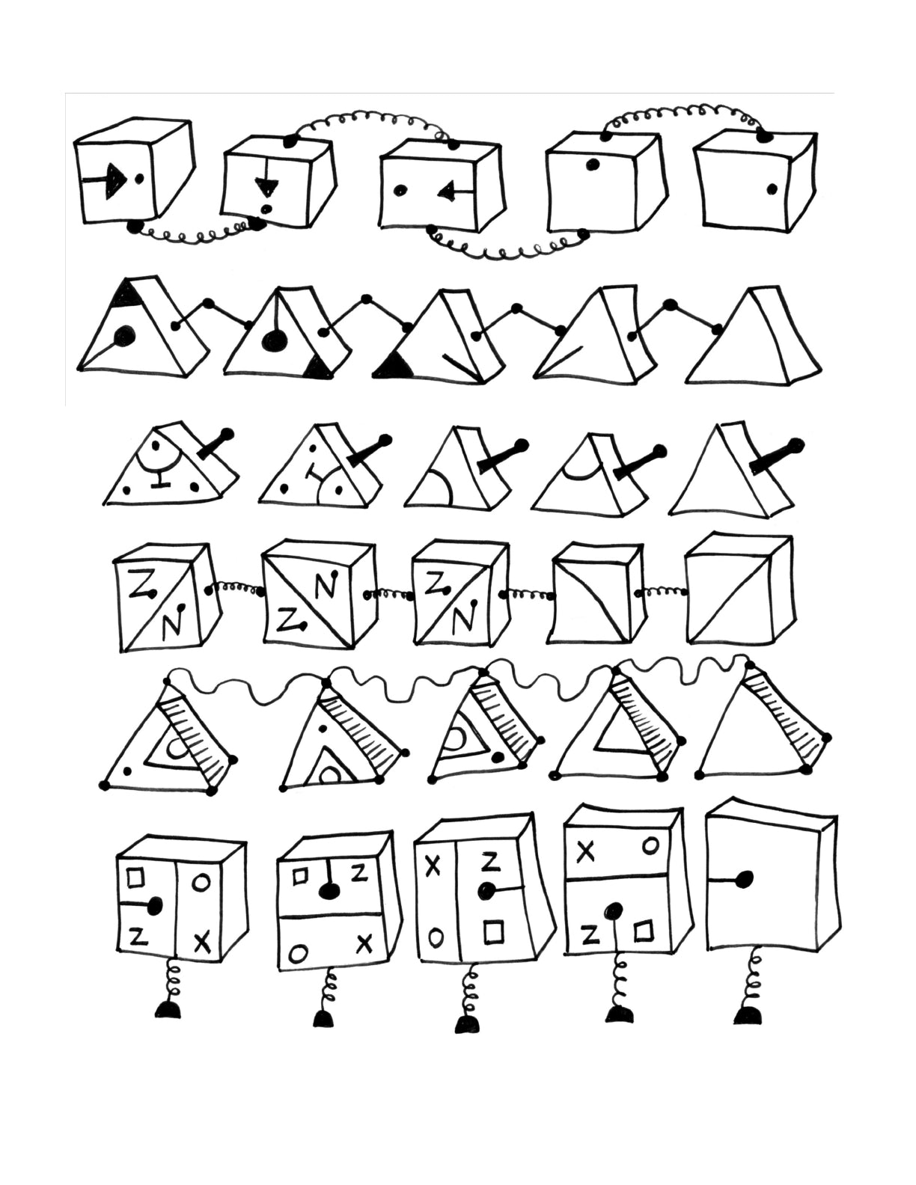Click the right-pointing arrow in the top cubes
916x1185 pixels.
(105, 180)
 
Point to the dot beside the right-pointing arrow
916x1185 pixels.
(140, 177)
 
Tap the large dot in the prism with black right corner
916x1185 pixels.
(271, 341)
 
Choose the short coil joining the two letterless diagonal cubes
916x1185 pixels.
(661, 591)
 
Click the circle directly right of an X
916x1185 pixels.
(650, 846)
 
